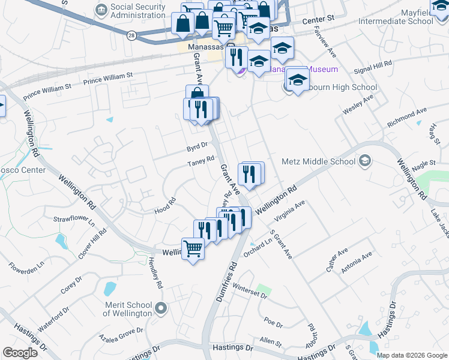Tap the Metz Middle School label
(x=318, y=161)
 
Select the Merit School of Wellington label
(x=128, y=309)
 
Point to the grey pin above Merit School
(x=160, y=309)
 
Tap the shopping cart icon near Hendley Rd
(x=193, y=247)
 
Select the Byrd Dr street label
(x=196, y=145)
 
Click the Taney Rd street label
(x=200, y=161)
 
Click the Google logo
(x=20, y=353)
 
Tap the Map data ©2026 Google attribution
(x=412, y=355)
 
